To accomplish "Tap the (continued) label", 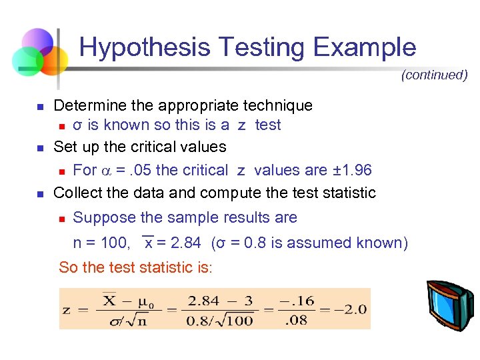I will coord(434,75).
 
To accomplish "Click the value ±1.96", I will coord(351,170).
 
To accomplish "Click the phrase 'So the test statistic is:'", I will coord(135,268).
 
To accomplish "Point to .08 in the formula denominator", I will coord(295,320).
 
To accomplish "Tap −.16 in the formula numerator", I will coord(295,300).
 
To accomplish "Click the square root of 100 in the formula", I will coord(233,321).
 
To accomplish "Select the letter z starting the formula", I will coord(67,310).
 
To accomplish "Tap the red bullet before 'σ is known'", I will coord(61,126).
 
